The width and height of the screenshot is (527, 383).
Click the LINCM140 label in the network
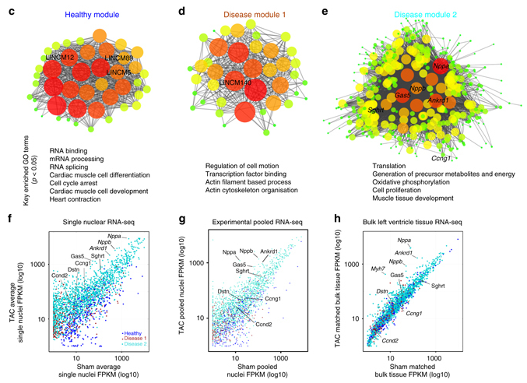pyautogui.click(x=237, y=82)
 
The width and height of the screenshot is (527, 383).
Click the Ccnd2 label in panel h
pyautogui.click(x=389, y=340)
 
